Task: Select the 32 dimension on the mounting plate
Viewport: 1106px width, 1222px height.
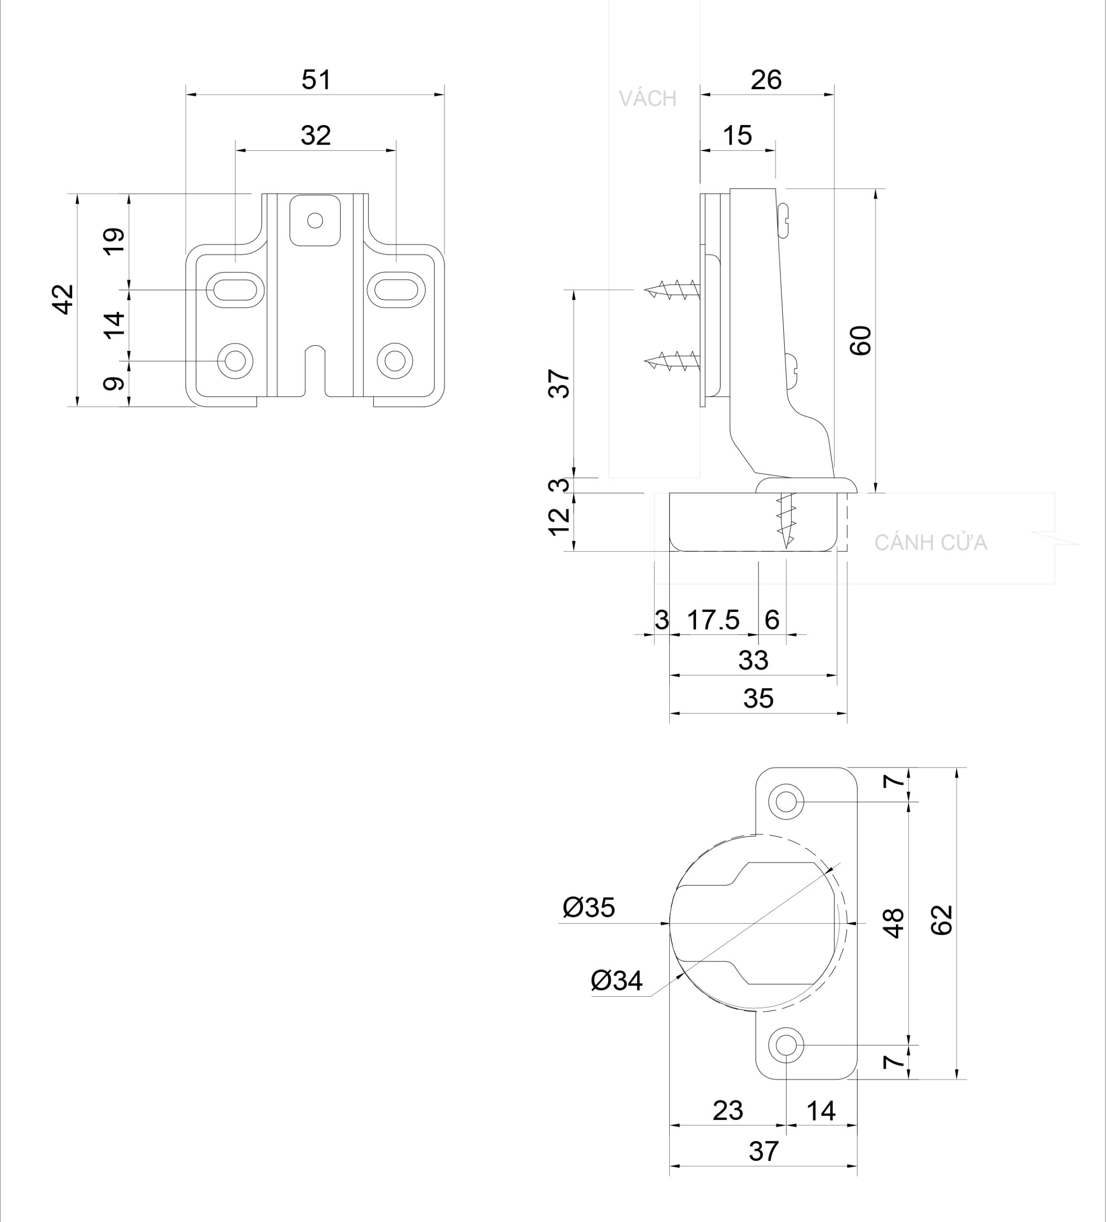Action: [316, 136]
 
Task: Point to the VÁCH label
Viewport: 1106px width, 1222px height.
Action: [647, 99]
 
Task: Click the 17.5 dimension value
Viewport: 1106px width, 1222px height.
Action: [713, 620]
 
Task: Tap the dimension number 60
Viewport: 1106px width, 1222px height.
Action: [861, 341]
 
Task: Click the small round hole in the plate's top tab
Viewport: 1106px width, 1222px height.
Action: [315, 220]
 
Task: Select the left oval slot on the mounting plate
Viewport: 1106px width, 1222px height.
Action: [236, 290]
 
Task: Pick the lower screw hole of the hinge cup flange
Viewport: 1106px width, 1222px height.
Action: [786, 1045]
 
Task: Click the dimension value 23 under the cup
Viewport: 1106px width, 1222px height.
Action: [727, 1110]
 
